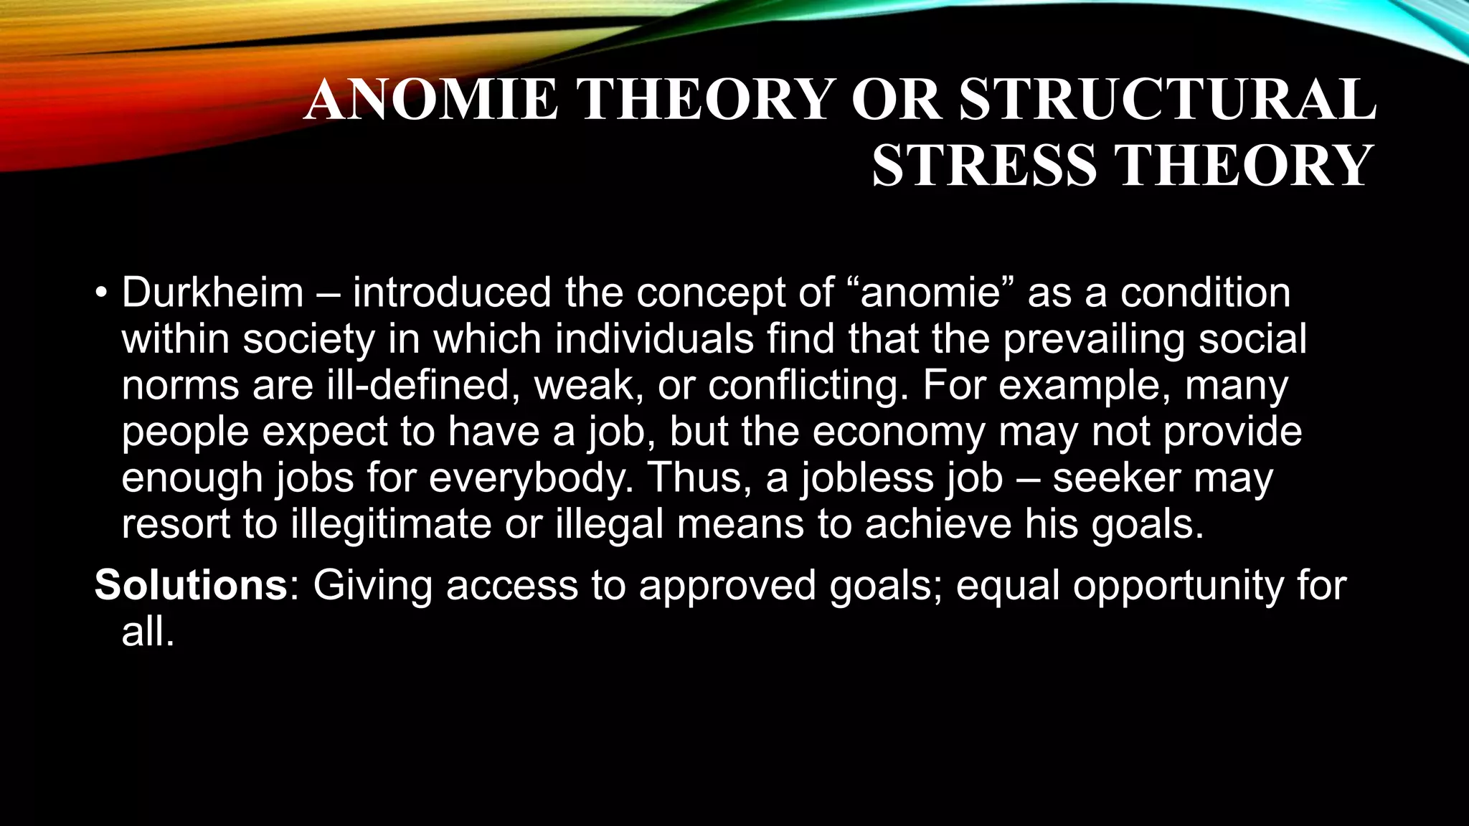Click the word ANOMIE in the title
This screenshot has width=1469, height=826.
click(x=430, y=99)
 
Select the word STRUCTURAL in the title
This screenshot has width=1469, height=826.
click(x=1167, y=99)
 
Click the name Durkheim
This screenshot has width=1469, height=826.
click(x=212, y=293)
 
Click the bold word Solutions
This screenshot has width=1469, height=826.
click(x=191, y=585)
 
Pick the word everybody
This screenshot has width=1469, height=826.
click(x=532, y=478)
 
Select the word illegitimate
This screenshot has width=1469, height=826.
click(x=391, y=524)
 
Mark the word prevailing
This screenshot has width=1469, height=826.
click(x=1094, y=339)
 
